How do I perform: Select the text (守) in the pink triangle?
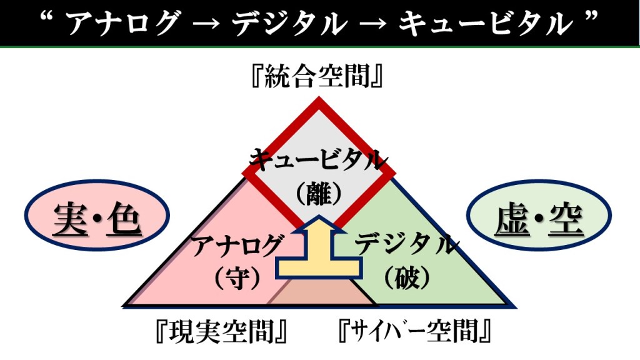pos(236,277)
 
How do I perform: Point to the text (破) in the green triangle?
pos(404,277)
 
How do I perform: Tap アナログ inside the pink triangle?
pos(236,245)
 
